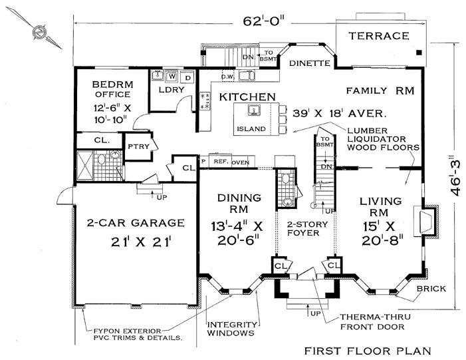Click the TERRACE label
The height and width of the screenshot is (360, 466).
click(x=379, y=36)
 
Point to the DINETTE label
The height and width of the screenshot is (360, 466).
click(x=310, y=63)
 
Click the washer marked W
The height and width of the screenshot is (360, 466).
click(x=172, y=77)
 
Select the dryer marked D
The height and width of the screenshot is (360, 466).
click(x=188, y=78)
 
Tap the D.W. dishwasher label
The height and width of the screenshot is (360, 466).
click(x=228, y=77)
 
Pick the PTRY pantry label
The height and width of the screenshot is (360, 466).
click(x=138, y=146)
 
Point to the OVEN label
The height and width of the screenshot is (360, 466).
click(x=241, y=163)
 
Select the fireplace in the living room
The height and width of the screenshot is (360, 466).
click(x=425, y=222)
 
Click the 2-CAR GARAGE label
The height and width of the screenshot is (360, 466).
click(x=136, y=223)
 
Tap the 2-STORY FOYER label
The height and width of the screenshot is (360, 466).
click(x=303, y=228)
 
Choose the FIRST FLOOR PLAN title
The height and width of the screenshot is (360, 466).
click(x=368, y=351)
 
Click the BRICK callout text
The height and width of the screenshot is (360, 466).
click(x=431, y=289)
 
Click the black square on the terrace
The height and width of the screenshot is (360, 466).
click(x=419, y=53)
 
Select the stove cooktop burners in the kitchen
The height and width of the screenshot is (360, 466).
click(x=205, y=101)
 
